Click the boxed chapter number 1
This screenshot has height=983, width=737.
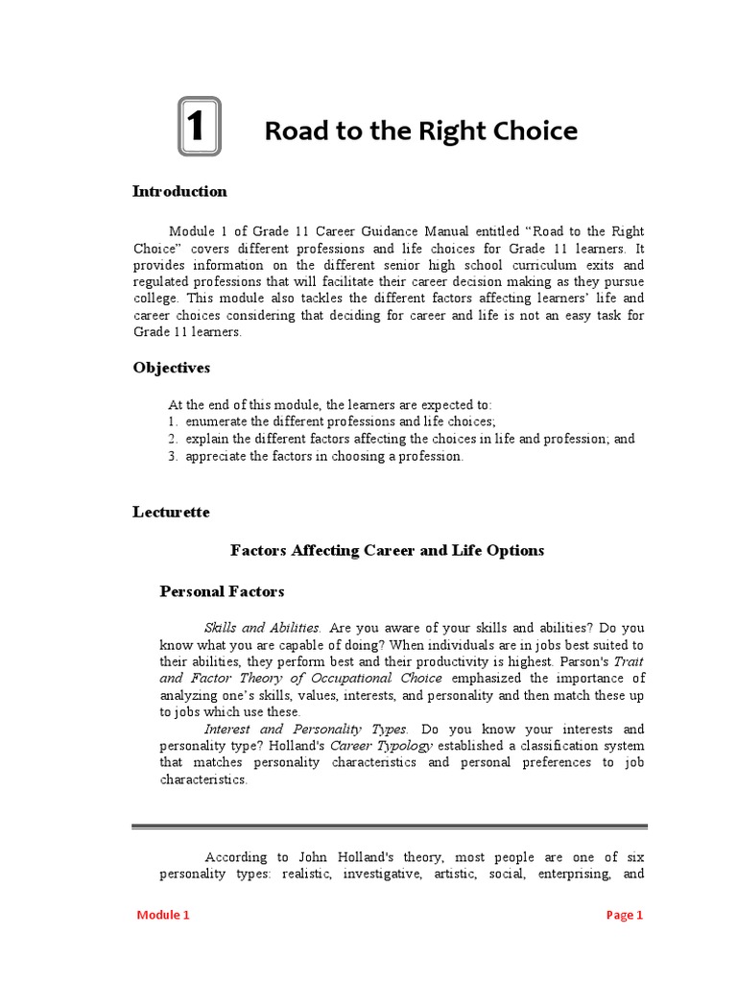click(x=199, y=127)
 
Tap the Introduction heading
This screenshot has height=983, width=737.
click(x=179, y=191)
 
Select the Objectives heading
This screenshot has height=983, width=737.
click(x=171, y=368)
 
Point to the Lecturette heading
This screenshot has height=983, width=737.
click(x=171, y=512)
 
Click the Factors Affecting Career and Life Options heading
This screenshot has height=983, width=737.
click(x=387, y=550)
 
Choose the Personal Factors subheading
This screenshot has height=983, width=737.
click(x=222, y=591)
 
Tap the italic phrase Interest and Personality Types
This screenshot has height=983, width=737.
click(x=306, y=730)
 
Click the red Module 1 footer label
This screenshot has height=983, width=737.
click(x=163, y=915)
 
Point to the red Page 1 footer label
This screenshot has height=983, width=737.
click(x=624, y=915)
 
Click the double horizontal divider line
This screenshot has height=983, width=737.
click(x=389, y=826)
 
